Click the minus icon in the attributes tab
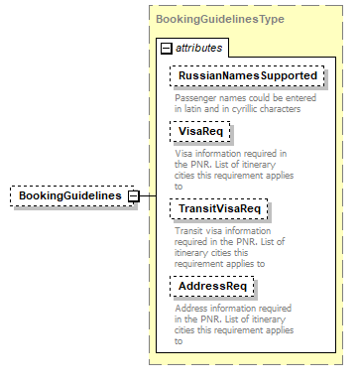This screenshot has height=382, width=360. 166,48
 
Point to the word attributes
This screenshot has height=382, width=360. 199,48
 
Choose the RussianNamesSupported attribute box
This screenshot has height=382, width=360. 247,74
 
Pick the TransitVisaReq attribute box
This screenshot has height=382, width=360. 219,208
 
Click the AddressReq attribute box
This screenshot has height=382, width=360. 212,287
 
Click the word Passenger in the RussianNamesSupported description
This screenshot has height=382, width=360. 196,97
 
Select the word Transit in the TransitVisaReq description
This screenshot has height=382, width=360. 190,231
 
